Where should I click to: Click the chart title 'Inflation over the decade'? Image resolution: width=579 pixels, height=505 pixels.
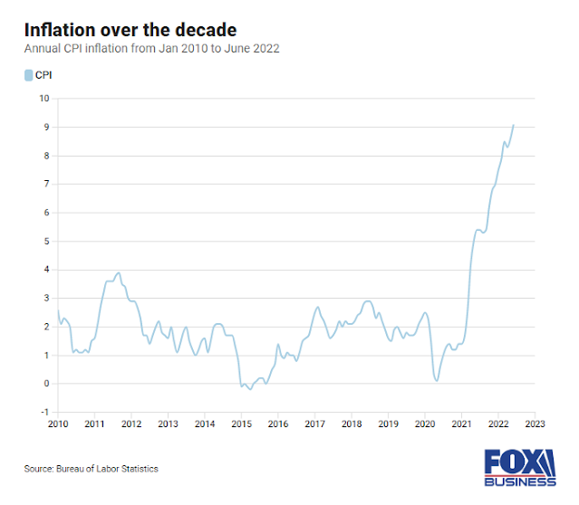click(130, 31)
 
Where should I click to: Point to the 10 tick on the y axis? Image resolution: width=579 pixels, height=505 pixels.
click(43, 99)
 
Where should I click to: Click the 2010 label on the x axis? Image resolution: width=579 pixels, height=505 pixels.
click(58, 424)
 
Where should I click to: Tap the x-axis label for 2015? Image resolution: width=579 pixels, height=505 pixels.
click(241, 424)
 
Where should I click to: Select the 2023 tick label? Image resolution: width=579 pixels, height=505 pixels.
click(535, 424)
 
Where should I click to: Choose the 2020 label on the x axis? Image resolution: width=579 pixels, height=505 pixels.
click(425, 424)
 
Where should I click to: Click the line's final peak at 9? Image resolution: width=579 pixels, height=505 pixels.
click(514, 125)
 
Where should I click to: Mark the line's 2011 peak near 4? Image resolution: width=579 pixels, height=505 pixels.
click(119, 272)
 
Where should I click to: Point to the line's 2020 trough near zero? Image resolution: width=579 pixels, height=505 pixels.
click(437, 381)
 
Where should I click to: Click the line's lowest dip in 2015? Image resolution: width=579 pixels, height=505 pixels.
click(250, 389)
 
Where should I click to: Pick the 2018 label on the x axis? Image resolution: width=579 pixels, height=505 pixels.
click(352, 424)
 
